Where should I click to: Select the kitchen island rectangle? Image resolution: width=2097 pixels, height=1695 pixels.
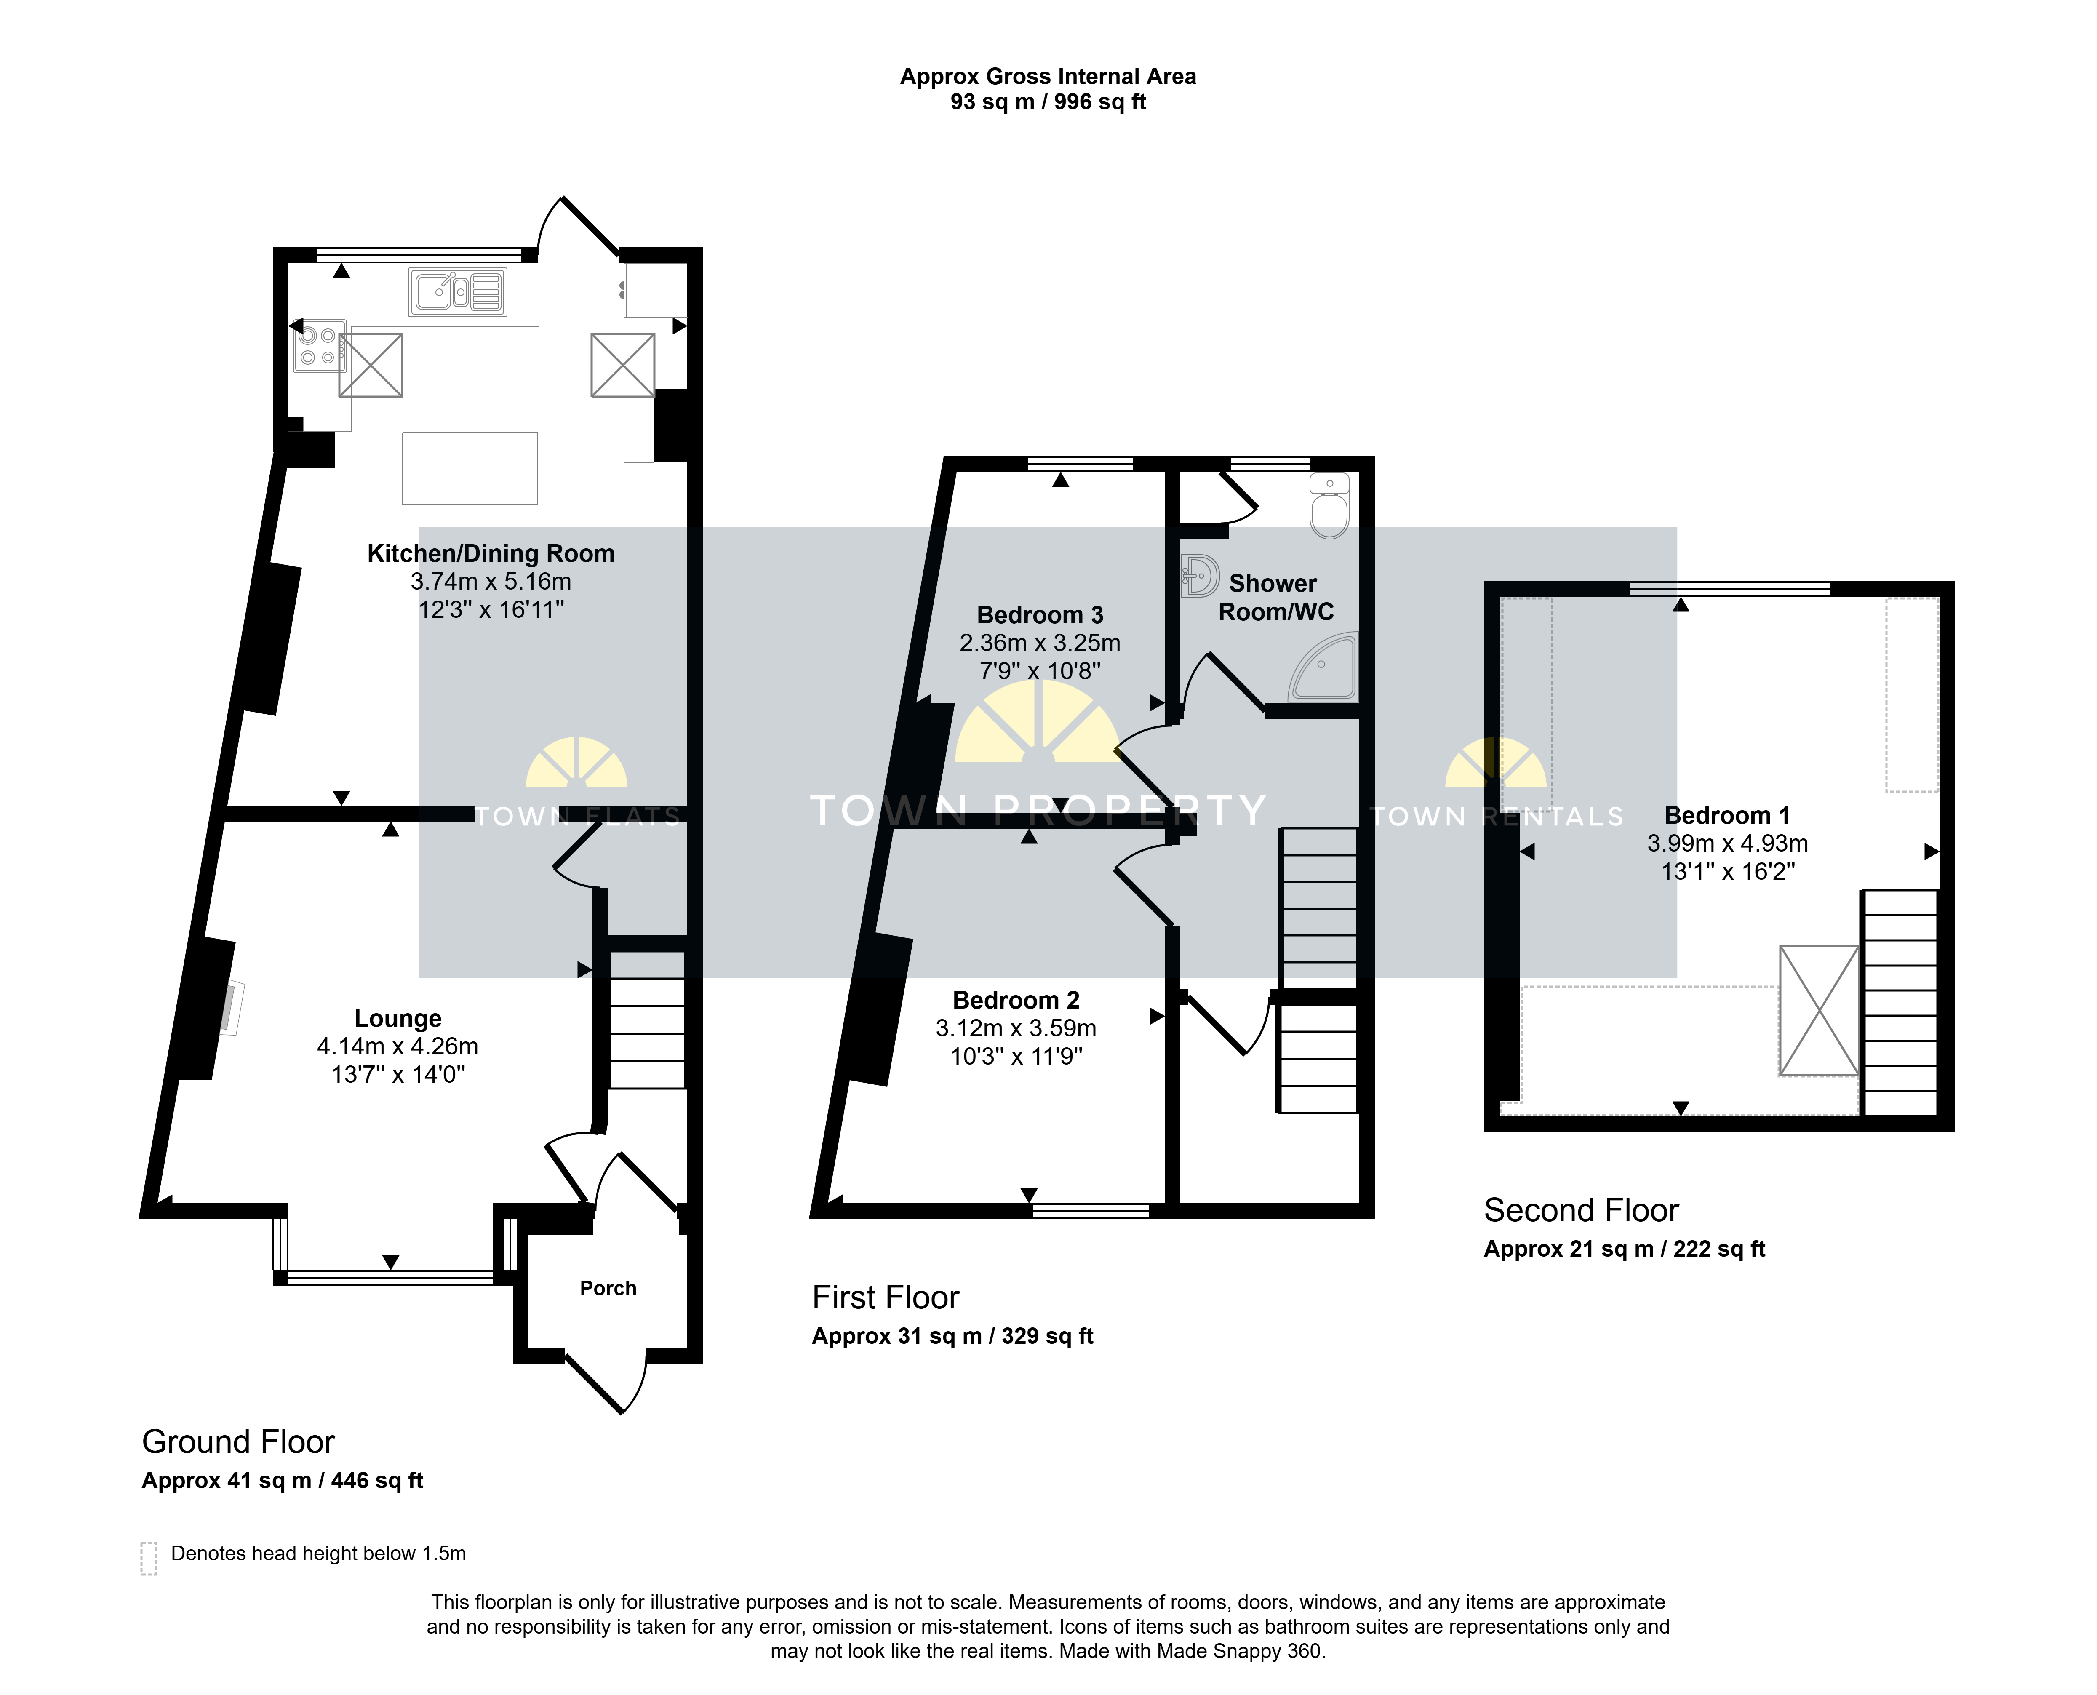tap(470, 469)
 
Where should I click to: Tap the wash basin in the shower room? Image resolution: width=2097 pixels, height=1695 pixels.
tap(1199, 575)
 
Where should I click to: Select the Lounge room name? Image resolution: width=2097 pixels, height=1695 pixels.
tap(398, 1018)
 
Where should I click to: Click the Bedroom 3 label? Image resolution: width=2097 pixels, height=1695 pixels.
tap(1040, 615)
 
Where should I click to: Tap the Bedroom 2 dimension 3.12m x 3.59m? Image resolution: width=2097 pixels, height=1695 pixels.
tap(1016, 1028)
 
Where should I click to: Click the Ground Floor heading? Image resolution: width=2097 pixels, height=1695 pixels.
tap(238, 1442)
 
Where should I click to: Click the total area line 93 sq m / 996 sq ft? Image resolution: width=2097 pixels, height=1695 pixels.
tap(1048, 102)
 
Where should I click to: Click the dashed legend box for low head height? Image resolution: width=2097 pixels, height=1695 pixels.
tap(148, 1558)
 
